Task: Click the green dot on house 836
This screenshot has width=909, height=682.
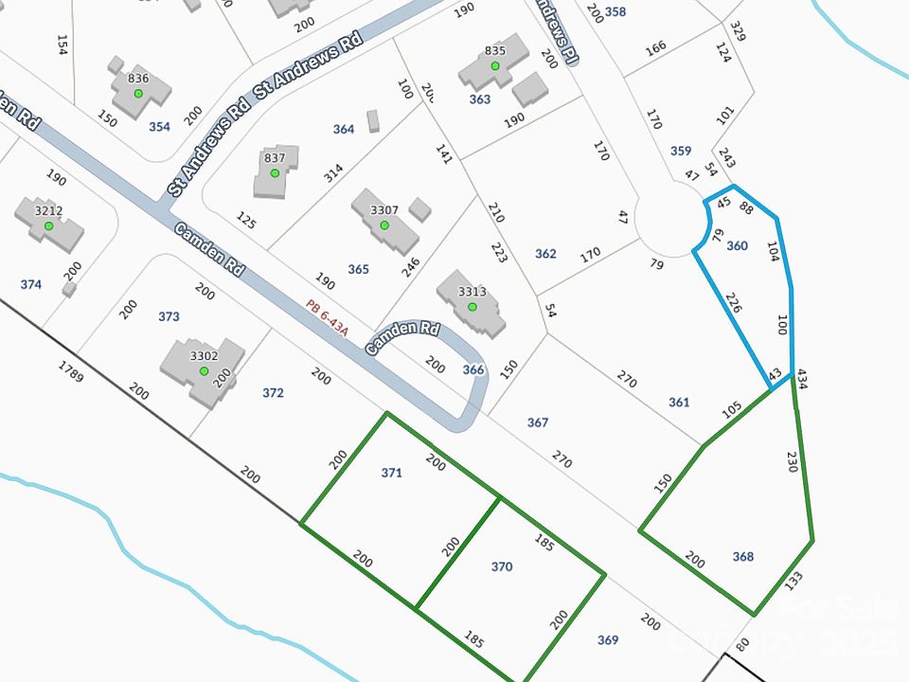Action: coord(138,93)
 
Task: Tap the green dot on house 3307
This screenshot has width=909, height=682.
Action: coord(384,225)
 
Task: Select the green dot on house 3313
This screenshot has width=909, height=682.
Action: coord(472,307)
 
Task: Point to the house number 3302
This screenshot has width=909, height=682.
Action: coord(204,356)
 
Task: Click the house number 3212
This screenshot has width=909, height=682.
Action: coord(48,211)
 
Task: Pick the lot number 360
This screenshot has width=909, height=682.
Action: coord(737,246)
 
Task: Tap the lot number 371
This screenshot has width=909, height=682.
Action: coord(392,473)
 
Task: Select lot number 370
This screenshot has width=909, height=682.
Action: coord(502,566)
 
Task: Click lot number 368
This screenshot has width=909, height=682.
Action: coord(743,557)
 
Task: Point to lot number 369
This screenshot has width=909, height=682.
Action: coord(608,640)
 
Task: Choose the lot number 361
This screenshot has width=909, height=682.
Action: coord(679,403)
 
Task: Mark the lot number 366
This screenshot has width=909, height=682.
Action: coord(473,369)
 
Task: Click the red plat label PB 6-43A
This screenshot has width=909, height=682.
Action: coord(328,318)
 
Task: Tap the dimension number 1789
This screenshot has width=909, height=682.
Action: coord(71,371)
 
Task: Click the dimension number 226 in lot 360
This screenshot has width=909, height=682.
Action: coord(733,304)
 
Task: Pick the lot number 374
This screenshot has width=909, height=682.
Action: coord(30,284)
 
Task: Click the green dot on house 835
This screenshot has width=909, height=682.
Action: coord(494,66)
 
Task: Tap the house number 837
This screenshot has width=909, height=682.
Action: coord(275,157)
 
